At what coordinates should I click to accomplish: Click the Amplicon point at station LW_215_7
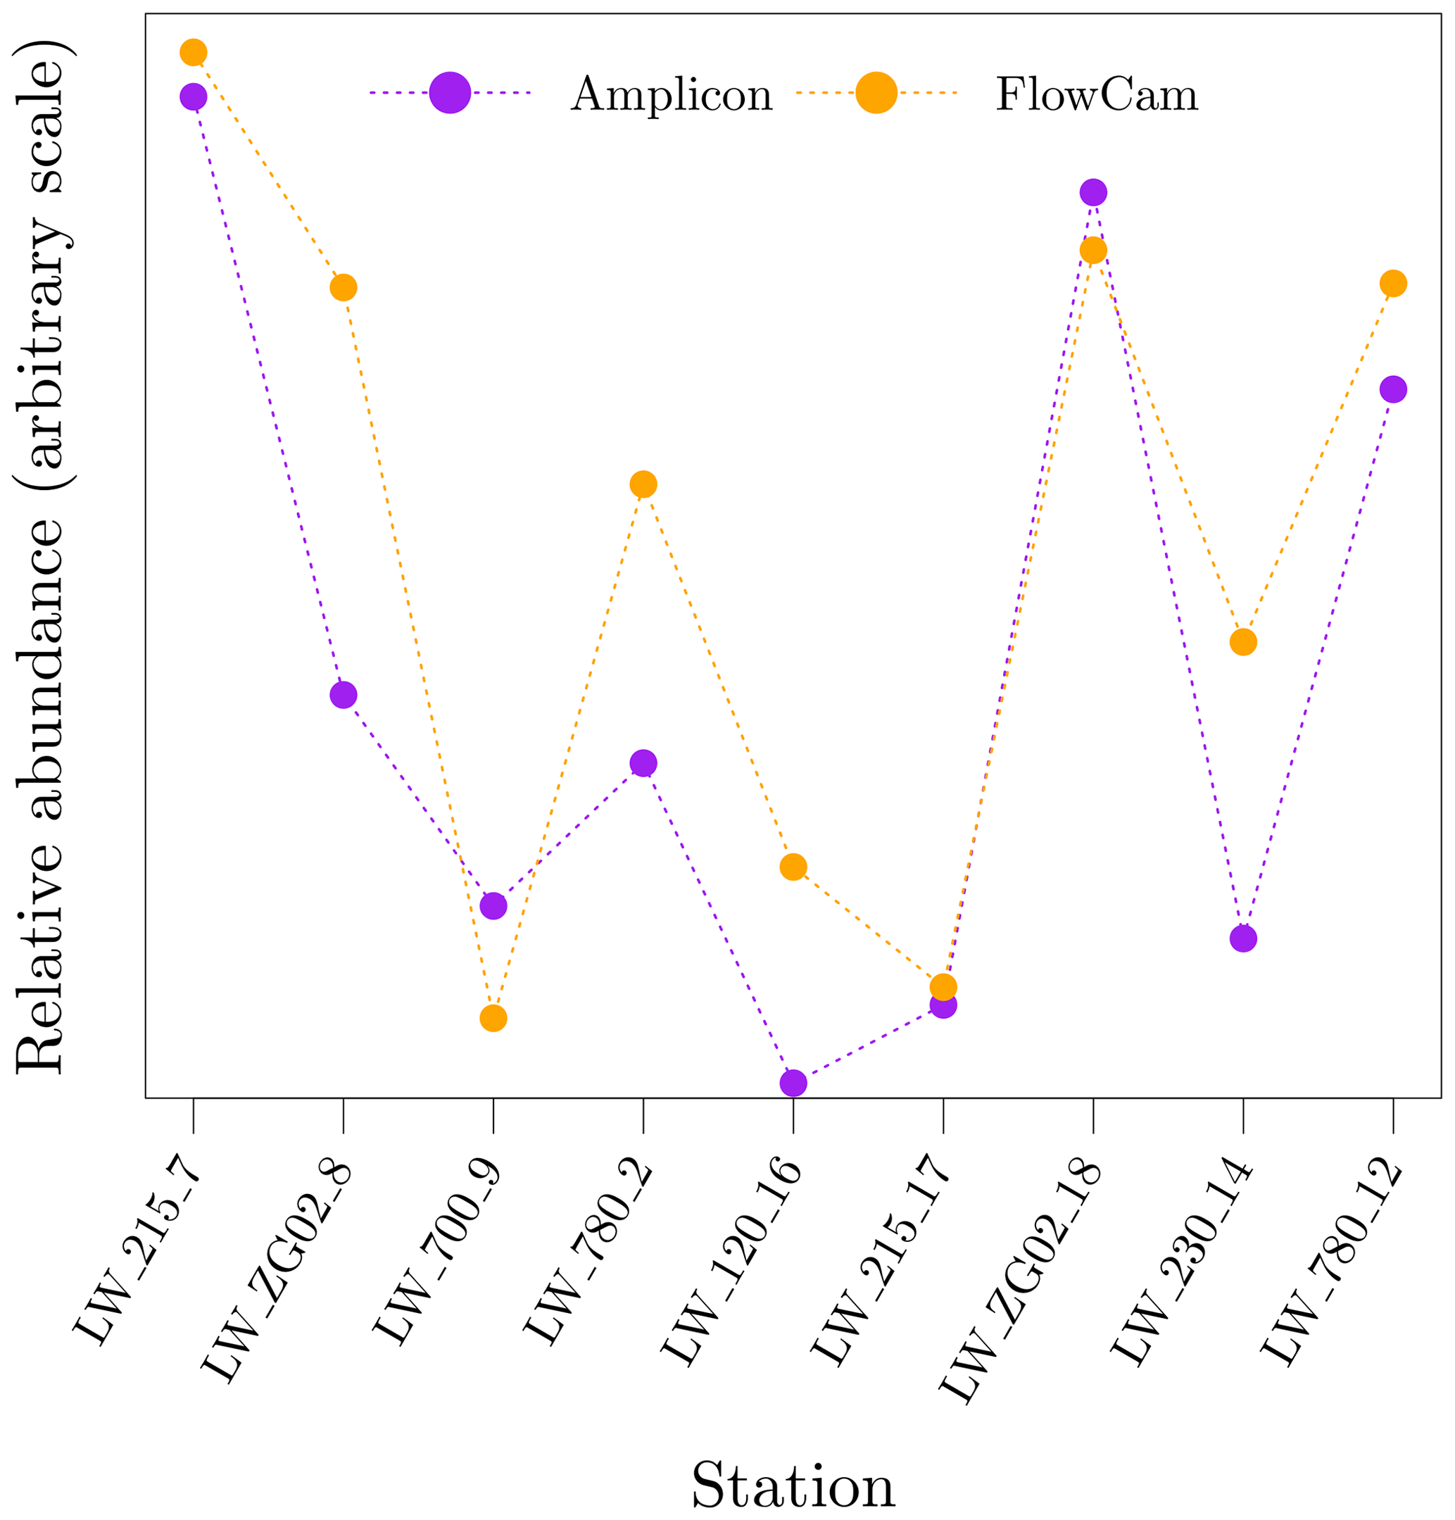[x=193, y=97]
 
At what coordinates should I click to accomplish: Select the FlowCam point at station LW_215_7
[x=193, y=53]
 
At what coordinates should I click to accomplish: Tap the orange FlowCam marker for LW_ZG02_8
[x=344, y=288]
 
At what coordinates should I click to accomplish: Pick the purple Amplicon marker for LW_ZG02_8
[x=344, y=695]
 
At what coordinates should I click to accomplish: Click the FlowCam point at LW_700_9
[x=493, y=1018]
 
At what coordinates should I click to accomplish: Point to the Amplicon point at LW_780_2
[x=643, y=763]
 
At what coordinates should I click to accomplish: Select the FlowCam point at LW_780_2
[x=643, y=484]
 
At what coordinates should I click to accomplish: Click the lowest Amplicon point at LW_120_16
[x=793, y=1084]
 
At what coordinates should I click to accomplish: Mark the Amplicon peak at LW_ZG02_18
[x=1092, y=192]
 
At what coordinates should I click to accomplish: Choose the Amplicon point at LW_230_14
[x=1243, y=939]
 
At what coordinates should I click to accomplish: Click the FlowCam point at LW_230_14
[x=1243, y=642]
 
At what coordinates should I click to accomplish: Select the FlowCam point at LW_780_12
[x=1393, y=284]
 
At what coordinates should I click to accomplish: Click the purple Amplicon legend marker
[x=450, y=93]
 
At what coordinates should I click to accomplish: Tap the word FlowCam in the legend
[x=1097, y=95]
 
